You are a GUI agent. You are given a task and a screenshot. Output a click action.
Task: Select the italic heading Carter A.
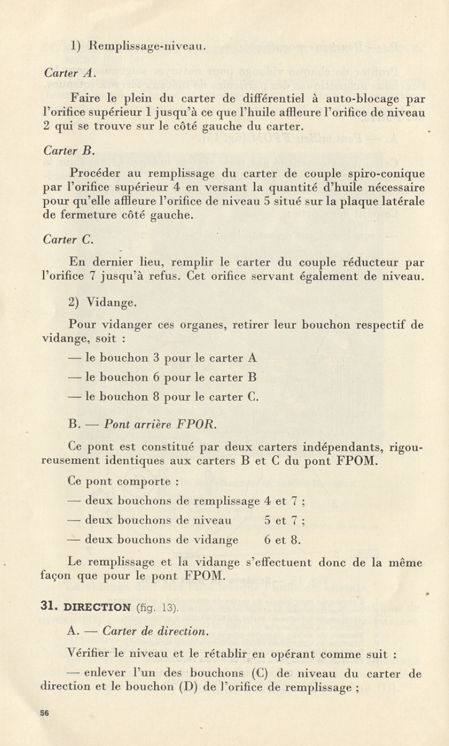tap(68, 73)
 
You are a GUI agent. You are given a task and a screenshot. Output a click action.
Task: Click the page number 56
tap(45, 714)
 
